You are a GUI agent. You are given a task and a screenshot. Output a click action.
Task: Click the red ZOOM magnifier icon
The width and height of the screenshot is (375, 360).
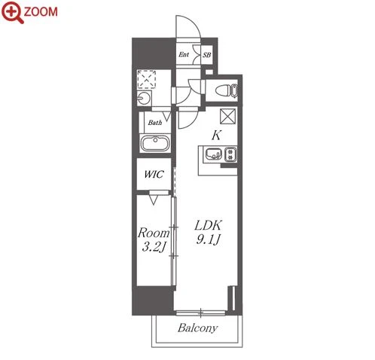click(x=13, y=12)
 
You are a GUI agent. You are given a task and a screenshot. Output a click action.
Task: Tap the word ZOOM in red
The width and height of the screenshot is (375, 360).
click(x=41, y=12)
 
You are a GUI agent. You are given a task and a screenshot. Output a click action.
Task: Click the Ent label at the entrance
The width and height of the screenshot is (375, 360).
click(x=184, y=54)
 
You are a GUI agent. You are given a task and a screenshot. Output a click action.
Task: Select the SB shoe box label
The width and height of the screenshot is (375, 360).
click(x=207, y=54)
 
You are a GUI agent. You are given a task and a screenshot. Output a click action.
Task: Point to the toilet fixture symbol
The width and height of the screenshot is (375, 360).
click(x=226, y=90)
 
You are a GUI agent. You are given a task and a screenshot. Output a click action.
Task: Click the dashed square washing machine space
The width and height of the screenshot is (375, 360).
click(x=147, y=80)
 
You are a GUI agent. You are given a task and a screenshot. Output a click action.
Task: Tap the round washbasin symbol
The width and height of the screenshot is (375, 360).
click(x=145, y=98)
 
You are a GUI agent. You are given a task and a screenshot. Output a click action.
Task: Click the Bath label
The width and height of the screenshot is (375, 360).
click(x=155, y=123)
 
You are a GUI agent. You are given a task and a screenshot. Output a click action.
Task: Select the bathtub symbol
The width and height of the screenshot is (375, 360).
click(x=155, y=143)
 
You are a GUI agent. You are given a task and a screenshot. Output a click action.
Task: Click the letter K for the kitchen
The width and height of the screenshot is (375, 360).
click(x=216, y=136)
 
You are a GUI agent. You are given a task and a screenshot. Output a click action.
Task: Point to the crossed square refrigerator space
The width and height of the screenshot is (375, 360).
click(x=228, y=116)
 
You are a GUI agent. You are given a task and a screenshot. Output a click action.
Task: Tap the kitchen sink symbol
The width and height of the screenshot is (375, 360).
click(x=214, y=154)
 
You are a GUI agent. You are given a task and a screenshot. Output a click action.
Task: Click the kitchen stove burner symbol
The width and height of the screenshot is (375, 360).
click(x=230, y=154)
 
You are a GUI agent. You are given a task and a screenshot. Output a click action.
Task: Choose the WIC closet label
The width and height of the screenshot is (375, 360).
click(x=154, y=174)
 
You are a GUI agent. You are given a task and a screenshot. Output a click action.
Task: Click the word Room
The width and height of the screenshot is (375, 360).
click(x=154, y=233)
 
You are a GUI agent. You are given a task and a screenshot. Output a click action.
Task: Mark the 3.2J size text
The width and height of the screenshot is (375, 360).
click(x=154, y=247)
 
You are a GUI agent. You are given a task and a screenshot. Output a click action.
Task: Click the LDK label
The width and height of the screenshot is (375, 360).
click(x=208, y=225)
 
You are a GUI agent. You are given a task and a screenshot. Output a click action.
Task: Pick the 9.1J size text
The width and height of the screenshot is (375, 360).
click(x=208, y=239)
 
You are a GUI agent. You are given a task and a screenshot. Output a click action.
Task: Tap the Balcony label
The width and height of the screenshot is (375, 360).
click(x=197, y=328)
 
